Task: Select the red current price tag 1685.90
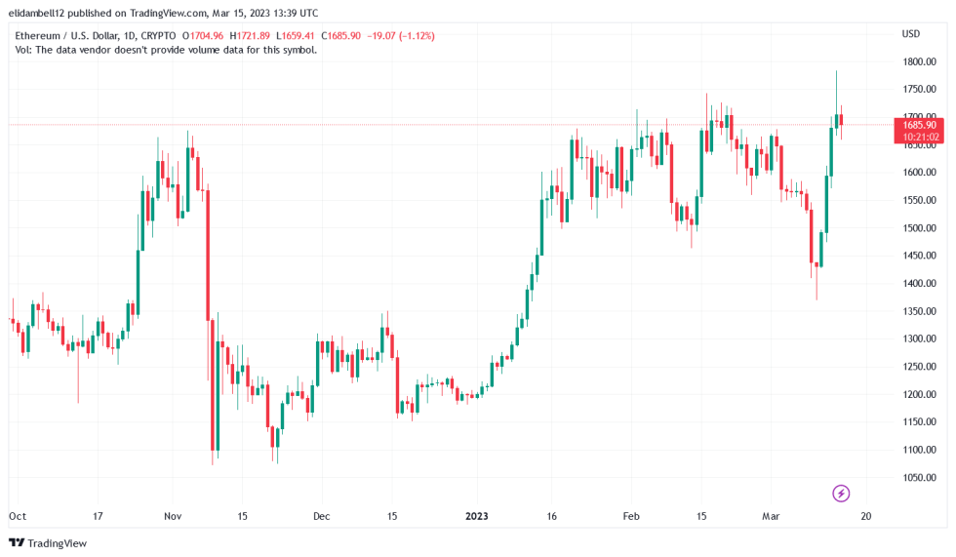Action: click(x=918, y=125)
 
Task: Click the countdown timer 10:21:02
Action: click(x=918, y=137)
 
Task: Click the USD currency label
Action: click(x=910, y=34)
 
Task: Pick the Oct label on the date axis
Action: click(x=17, y=515)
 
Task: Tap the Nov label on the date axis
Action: click(x=173, y=515)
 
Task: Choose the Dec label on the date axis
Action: click(x=322, y=515)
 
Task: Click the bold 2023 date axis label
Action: click(x=477, y=515)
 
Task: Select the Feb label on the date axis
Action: click(x=631, y=515)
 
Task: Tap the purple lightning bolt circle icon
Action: click(x=841, y=493)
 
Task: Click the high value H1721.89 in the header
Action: click(x=251, y=36)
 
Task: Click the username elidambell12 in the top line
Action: click(x=45, y=14)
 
